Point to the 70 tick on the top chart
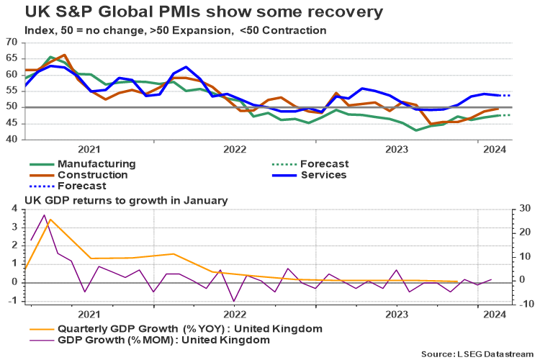(12, 42)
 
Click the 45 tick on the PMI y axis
(12, 123)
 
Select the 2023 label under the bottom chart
(399, 315)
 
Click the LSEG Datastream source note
(477, 354)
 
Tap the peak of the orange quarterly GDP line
(50, 219)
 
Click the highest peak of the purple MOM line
(44, 215)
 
